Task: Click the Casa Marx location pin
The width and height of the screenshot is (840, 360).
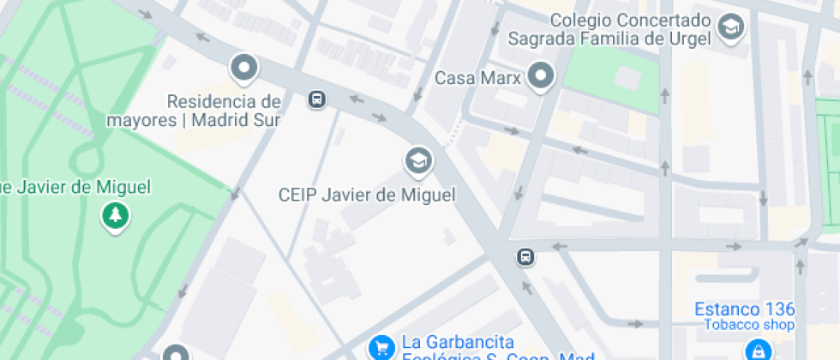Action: point(541,76)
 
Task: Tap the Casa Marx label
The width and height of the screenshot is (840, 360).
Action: point(478,78)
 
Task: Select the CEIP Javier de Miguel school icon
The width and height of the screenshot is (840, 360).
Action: point(418,159)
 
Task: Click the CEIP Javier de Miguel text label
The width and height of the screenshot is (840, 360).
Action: point(367,195)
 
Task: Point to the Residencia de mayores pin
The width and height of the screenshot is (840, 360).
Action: point(244,68)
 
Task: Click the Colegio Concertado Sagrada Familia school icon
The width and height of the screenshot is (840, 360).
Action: point(731,27)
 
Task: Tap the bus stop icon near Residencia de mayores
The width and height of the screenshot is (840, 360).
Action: point(317,99)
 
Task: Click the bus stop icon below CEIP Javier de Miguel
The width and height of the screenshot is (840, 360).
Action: point(525,256)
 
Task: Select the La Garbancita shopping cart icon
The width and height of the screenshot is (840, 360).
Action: point(380,347)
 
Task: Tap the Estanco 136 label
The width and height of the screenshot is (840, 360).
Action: point(745,309)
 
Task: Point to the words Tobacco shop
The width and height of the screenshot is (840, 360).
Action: point(749,324)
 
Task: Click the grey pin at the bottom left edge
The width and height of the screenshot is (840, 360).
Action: point(175,353)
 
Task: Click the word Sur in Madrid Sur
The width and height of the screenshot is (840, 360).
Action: point(265,120)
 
